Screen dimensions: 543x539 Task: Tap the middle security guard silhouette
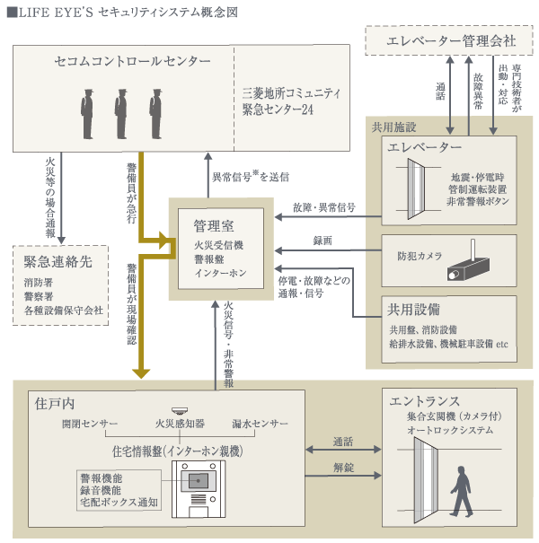(x=121, y=112)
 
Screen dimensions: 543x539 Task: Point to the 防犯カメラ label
(x=420, y=256)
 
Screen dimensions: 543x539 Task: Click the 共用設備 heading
(x=413, y=309)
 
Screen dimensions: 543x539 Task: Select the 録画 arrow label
(x=323, y=240)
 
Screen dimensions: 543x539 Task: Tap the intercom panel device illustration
(x=195, y=489)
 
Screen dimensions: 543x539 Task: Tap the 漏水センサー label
(x=259, y=423)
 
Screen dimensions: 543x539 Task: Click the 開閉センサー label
(x=89, y=423)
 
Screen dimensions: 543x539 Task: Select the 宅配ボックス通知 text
(x=119, y=504)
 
